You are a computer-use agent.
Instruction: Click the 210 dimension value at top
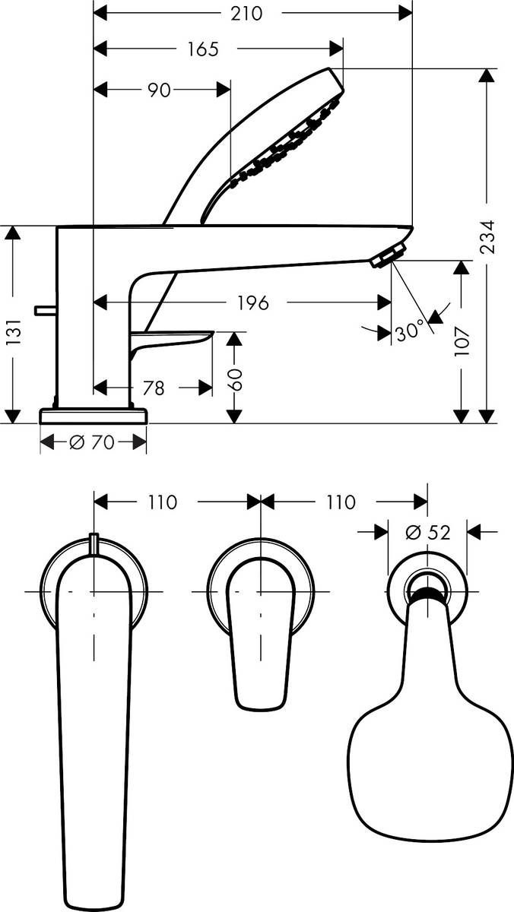[246, 13]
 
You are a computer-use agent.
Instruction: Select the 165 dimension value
[203, 49]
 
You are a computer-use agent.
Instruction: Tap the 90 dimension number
[158, 90]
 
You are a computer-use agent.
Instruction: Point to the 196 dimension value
[252, 303]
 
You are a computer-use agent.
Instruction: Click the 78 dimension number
[154, 388]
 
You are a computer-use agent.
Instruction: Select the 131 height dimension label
[13, 332]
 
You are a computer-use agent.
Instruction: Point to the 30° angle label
[409, 331]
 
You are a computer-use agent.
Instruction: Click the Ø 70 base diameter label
[92, 442]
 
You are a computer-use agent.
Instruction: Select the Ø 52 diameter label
[427, 533]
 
